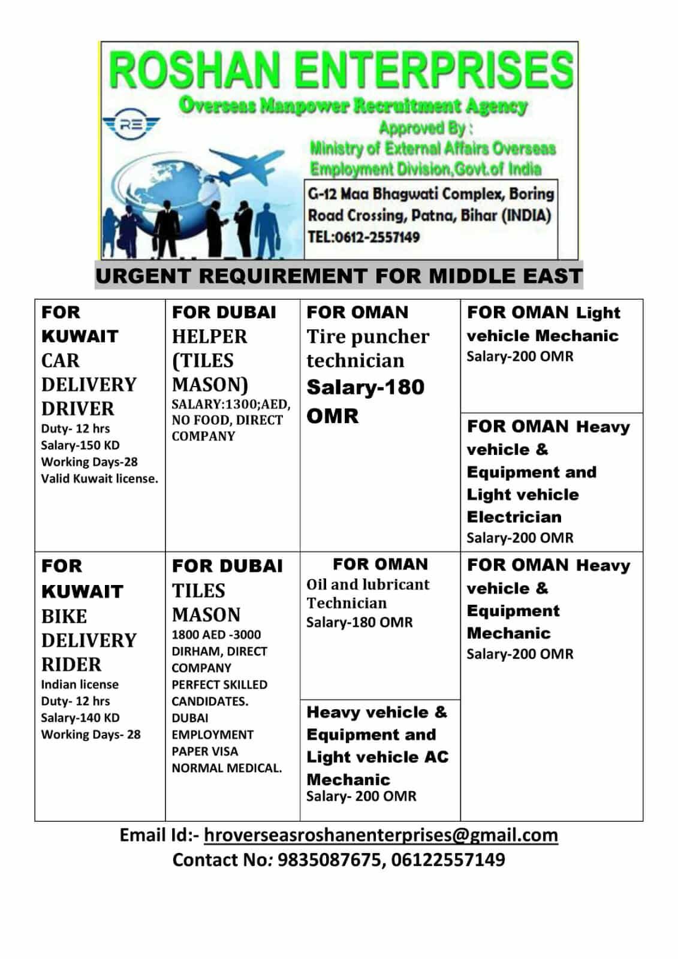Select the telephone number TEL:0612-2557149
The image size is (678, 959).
tap(363, 237)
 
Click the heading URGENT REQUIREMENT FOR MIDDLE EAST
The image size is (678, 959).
tap(339, 276)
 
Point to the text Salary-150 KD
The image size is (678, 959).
tap(80, 445)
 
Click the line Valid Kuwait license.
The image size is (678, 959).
tap(100, 479)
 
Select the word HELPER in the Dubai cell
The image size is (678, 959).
tap(209, 336)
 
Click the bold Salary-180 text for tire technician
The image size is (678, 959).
tap(365, 387)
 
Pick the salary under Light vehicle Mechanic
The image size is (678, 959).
tap(520, 357)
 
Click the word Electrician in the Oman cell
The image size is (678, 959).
tap(514, 517)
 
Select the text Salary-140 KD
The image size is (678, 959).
tap(80, 718)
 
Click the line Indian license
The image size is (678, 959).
tap(80, 684)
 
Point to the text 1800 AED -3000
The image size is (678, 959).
tap(216, 635)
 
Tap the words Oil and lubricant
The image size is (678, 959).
tap(367, 584)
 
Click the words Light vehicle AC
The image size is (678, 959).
tap(377, 757)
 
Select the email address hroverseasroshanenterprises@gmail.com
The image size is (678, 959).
tap(381, 835)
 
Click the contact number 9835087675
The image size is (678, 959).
tap(330, 860)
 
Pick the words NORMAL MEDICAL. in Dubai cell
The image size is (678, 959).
tap(227, 768)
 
